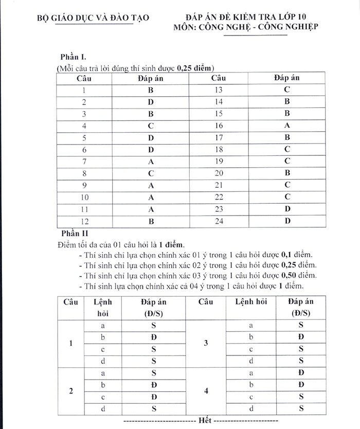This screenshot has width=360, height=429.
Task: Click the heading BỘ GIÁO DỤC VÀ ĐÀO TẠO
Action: (93, 17)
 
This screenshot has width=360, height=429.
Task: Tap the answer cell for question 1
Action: (151, 90)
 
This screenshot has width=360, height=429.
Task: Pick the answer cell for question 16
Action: (287, 126)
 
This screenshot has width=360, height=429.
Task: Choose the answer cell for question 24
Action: (287, 221)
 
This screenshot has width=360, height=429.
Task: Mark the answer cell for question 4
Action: (151, 126)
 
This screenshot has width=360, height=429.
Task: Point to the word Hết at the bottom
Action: (205, 420)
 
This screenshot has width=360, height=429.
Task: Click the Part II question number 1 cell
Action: (70, 343)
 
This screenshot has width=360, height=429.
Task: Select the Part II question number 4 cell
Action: (206, 391)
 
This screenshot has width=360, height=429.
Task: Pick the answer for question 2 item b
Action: (154, 384)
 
